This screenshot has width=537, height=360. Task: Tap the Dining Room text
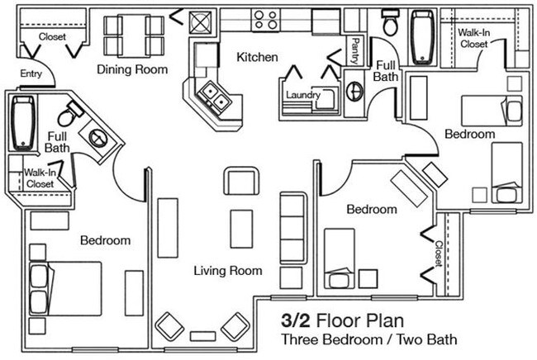coord(132,69)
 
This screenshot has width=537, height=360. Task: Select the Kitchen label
coord(257,57)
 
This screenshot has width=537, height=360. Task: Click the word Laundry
coord(303,94)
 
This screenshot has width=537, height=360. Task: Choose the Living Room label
coord(228,271)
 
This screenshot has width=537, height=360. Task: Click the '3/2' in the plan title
coord(297,320)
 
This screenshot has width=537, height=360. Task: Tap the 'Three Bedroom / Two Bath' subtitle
coord(368,339)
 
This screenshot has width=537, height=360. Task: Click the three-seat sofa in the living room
coord(292,229)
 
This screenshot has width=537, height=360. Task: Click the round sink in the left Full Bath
coord(97,137)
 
